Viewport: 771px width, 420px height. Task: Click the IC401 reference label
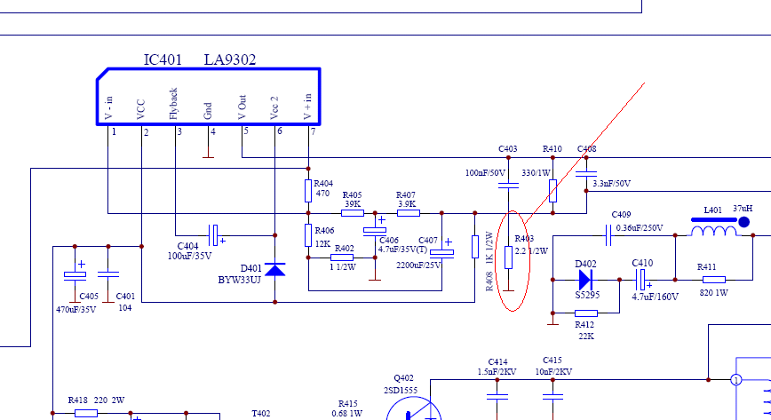point(163,59)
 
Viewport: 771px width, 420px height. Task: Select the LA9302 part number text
point(230,59)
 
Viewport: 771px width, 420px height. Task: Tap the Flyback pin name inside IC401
point(173,104)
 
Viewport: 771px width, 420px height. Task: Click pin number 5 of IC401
point(246,131)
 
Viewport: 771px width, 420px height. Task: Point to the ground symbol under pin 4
point(209,155)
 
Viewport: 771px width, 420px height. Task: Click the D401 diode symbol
point(274,270)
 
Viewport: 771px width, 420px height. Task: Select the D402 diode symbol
point(585,280)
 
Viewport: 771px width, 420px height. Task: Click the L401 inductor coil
point(714,231)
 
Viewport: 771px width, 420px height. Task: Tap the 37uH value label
point(743,209)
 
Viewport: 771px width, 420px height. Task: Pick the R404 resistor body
point(308,191)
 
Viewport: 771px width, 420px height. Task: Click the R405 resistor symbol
point(353,213)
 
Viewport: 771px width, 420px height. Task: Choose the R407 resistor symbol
point(409,213)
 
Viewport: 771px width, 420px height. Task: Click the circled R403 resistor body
point(508,258)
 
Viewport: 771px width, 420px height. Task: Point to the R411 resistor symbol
point(714,280)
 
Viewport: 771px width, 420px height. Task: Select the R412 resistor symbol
point(586,313)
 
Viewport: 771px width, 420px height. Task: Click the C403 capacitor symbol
point(508,186)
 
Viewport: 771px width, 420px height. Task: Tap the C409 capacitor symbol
point(608,235)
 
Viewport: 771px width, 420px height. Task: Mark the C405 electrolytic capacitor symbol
point(75,275)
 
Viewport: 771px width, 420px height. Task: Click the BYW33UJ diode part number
point(240,281)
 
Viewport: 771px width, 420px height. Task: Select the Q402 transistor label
point(403,378)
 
